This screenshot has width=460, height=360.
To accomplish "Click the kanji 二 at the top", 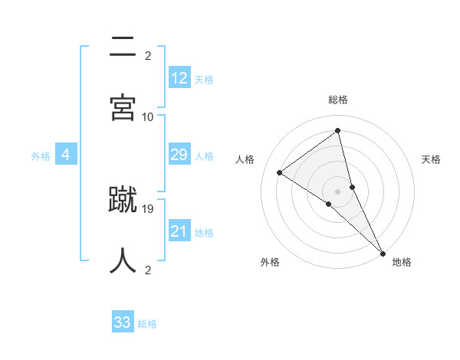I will (x=123, y=47).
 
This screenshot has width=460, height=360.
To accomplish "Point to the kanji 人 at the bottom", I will (x=123, y=260).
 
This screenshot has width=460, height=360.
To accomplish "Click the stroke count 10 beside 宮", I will (x=148, y=116).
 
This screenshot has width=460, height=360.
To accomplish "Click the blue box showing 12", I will (x=179, y=77).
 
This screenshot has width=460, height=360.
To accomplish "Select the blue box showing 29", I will (x=179, y=155).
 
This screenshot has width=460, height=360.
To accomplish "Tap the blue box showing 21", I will (x=179, y=231).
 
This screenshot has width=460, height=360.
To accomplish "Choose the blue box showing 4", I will (x=66, y=155).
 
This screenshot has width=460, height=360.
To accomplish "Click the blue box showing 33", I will (x=123, y=322).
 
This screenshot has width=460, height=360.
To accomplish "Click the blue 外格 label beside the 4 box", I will (x=41, y=155).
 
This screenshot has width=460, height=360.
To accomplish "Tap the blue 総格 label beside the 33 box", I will (x=147, y=324).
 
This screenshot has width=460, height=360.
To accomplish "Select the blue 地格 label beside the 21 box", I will (x=204, y=233).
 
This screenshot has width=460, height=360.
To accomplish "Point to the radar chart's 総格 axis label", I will (x=338, y=100).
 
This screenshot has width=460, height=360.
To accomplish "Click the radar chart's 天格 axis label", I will (x=432, y=159).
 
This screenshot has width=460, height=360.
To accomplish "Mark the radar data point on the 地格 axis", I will (x=383, y=252).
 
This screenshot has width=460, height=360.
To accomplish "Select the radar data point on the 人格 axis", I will (x=280, y=172).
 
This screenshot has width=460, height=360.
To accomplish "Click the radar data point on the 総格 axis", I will (x=338, y=131).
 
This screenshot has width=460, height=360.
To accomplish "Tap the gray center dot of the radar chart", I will (x=338, y=191).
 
